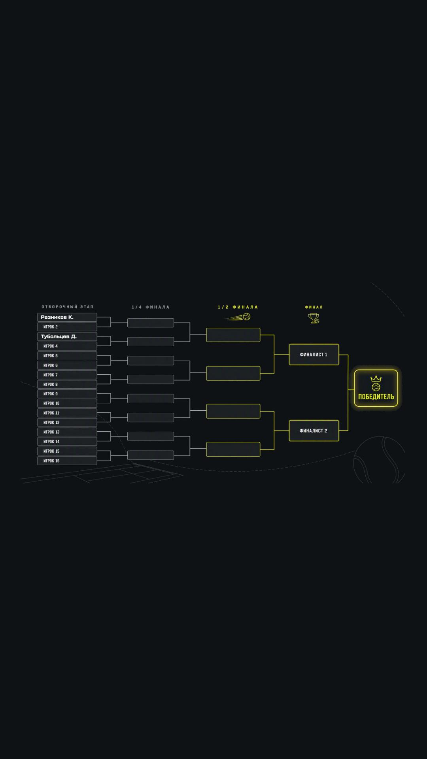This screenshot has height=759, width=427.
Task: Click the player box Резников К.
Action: (x=67, y=317)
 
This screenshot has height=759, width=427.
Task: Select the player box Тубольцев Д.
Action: (x=67, y=336)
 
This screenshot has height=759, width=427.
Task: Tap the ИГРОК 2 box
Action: (x=67, y=327)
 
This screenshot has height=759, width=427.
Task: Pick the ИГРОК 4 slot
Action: (x=67, y=346)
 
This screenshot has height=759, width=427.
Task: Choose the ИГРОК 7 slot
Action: (x=67, y=375)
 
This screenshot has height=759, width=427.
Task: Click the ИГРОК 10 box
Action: (x=67, y=403)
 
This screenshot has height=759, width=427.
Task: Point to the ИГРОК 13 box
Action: (x=67, y=432)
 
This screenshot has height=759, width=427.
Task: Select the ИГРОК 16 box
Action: (x=67, y=461)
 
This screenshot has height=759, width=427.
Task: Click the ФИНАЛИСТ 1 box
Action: (x=314, y=355)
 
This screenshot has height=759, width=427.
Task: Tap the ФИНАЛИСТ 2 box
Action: (x=314, y=430)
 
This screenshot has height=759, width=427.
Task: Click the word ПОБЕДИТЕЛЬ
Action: (x=376, y=397)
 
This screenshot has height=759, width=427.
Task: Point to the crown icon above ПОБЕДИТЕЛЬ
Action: (x=376, y=379)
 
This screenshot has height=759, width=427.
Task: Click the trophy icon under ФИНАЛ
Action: (x=314, y=318)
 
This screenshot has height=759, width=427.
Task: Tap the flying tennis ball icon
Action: (x=238, y=317)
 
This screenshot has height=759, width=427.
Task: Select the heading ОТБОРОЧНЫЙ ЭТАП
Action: (x=68, y=307)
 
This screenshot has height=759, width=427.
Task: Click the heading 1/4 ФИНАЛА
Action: (x=151, y=307)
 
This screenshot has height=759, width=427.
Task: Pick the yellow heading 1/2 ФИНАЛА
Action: (x=238, y=307)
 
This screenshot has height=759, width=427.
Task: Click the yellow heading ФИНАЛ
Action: (x=314, y=307)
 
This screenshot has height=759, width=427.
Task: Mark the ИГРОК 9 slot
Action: (x=67, y=394)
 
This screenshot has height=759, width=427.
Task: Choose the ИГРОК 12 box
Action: (x=67, y=423)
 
